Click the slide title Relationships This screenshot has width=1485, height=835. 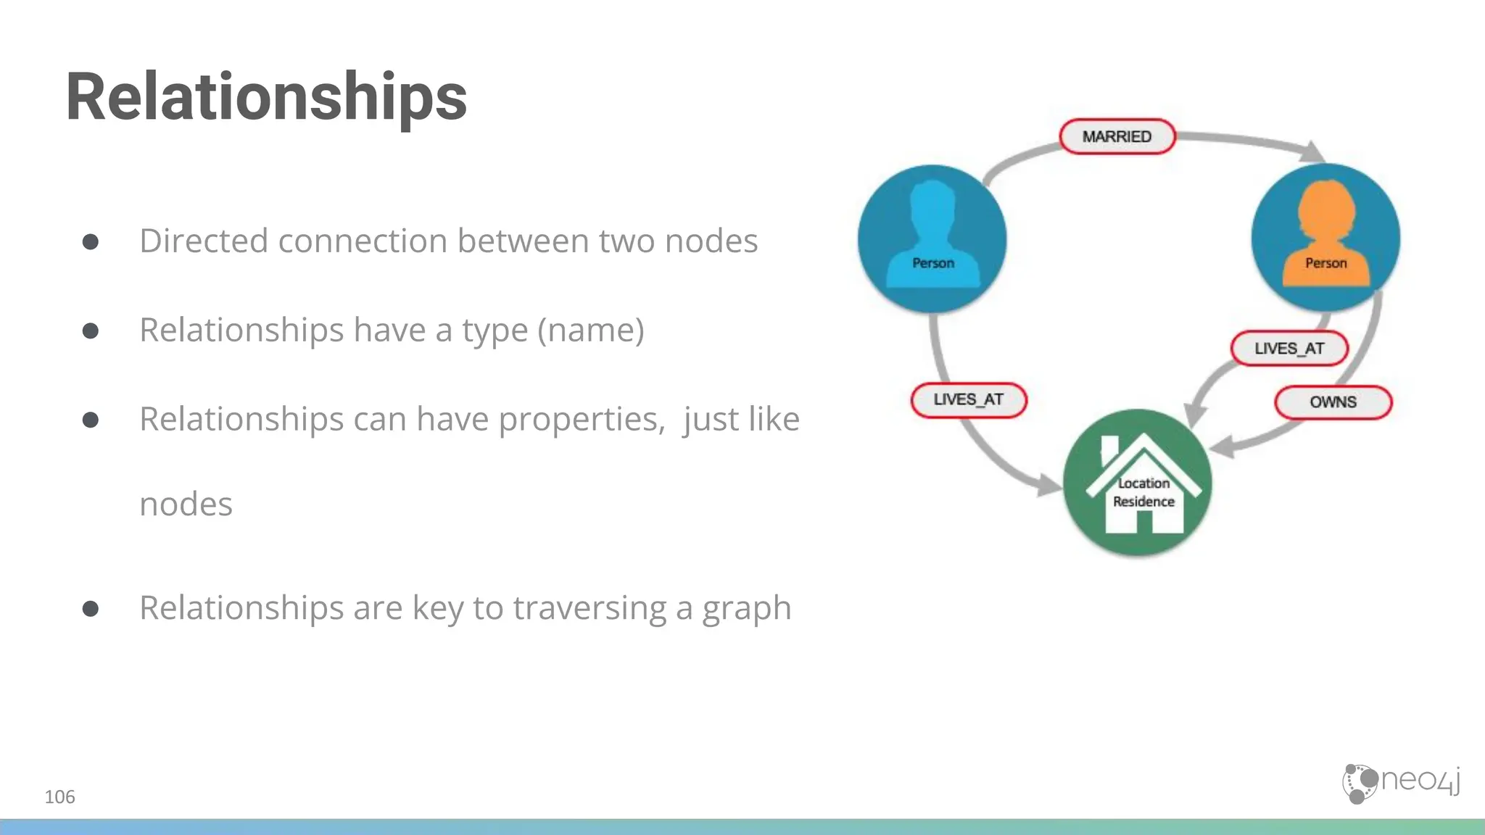266,97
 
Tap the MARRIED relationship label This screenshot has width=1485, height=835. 1117,136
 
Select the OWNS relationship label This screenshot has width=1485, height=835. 1333,402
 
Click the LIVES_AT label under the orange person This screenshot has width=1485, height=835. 1289,349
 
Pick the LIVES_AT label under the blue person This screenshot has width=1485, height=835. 968,399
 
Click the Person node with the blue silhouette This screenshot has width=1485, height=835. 932,239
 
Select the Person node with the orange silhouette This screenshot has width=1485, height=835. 1325,238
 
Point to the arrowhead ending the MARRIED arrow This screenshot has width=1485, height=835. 1312,152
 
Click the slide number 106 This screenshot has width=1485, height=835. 59,797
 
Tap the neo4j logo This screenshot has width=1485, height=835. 1401,783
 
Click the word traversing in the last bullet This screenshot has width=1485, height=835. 589,608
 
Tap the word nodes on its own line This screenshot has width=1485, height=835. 186,504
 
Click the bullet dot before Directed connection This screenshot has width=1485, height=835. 91,241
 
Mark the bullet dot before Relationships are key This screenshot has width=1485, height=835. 91,608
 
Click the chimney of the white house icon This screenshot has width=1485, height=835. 1109,449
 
